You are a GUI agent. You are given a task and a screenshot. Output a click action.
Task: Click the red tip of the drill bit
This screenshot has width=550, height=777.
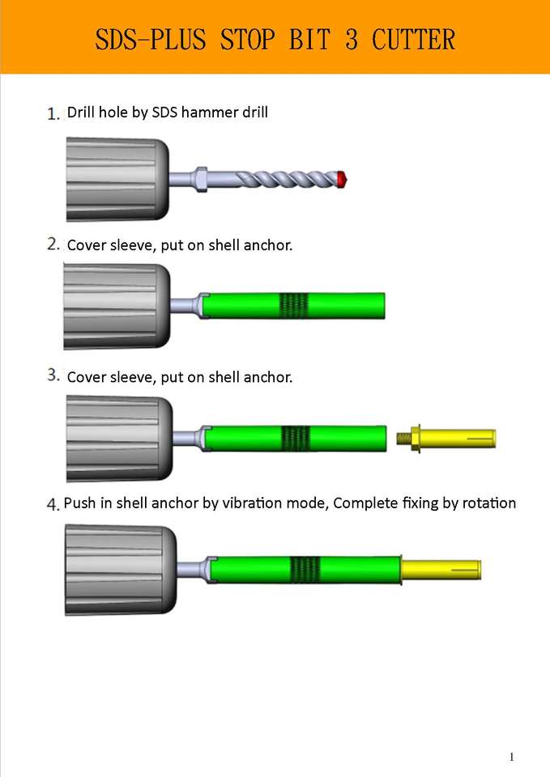pos(342,180)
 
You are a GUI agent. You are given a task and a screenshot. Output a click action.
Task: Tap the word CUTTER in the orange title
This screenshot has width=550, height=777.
pos(413,40)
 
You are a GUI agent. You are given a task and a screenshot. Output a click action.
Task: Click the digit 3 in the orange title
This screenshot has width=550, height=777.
pos(351,40)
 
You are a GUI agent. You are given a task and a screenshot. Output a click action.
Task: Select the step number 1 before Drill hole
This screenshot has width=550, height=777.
pos(53,114)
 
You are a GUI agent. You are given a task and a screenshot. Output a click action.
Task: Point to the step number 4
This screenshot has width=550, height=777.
pos(53,504)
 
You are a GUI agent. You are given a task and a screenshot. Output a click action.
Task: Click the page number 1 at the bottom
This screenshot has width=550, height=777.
pos(511,757)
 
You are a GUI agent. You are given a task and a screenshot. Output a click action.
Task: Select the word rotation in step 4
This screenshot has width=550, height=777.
pos(489,503)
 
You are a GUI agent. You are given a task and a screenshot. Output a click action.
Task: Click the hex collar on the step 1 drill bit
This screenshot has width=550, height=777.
pos(200,180)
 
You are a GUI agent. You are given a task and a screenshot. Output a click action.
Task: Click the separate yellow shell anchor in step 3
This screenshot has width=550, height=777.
pos(446,438)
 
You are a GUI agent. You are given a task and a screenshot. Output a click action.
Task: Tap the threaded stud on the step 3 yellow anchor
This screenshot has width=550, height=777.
pos(403,438)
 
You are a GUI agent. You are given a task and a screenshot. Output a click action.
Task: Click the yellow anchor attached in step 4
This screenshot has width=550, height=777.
pos(441,569)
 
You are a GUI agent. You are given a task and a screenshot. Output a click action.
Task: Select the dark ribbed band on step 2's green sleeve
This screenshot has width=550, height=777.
pos(293,305)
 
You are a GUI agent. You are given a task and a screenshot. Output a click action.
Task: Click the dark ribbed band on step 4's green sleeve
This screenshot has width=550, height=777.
pos(305,569)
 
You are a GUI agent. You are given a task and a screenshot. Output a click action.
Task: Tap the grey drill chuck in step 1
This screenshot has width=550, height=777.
pos(117,179)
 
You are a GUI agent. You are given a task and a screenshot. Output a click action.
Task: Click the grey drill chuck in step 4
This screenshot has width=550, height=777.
pos(121,570)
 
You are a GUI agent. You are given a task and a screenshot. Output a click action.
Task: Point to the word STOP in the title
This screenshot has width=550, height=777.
pos(247,40)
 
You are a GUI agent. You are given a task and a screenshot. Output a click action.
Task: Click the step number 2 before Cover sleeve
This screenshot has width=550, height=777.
pos(53,244)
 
